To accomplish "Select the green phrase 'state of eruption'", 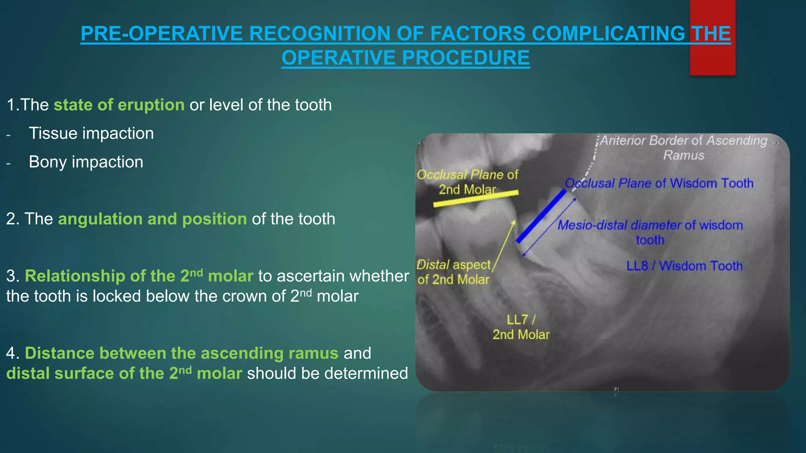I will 119,105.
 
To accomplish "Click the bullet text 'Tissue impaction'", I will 91,133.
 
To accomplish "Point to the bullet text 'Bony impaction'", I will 86,162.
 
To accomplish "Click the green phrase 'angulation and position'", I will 152,219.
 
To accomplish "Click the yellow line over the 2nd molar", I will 476,198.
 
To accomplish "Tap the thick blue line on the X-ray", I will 541,216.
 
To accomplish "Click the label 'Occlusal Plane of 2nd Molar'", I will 468,182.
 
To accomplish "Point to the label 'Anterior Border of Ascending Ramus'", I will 684,147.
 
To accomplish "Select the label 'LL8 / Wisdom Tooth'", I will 684,266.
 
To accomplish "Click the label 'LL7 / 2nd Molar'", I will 521,327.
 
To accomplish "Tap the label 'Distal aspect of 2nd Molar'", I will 453,272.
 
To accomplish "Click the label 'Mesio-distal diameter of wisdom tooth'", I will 650,232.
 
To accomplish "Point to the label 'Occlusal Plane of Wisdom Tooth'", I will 659,183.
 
